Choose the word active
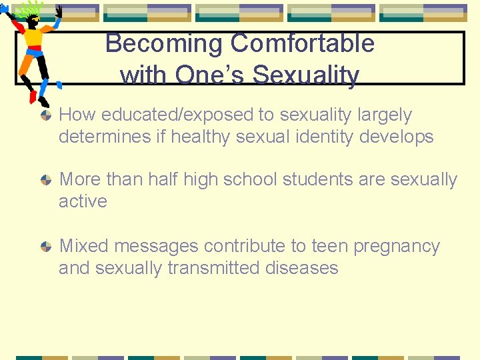coord(83,201)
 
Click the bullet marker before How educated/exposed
coord(45,116)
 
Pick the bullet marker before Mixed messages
coord(45,247)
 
